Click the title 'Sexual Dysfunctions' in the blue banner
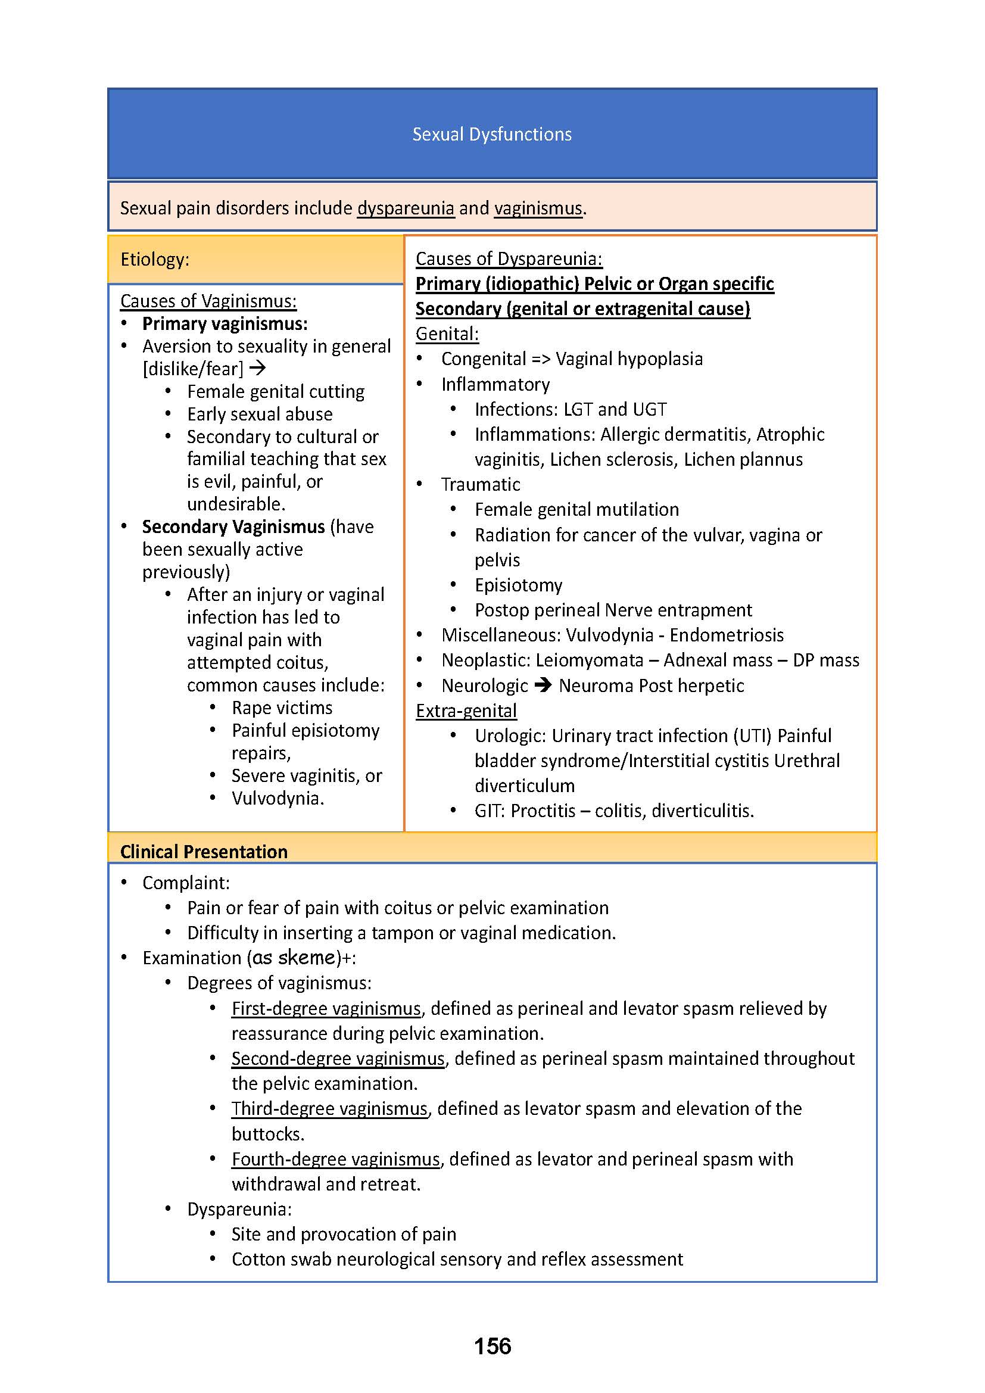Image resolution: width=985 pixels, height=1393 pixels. point(492,134)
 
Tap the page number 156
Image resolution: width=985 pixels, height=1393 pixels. point(492,1346)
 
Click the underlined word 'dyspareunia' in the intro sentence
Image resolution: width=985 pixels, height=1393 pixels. point(405,208)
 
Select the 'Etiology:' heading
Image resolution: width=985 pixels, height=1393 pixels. point(155,260)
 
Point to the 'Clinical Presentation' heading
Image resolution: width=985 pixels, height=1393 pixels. point(204,852)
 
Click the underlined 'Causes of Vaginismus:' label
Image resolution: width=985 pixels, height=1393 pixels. point(208,301)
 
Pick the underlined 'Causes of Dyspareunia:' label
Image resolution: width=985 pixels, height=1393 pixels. point(509,259)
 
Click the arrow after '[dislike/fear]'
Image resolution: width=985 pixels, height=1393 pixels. point(258,367)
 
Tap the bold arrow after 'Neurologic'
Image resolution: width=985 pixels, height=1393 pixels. point(544,685)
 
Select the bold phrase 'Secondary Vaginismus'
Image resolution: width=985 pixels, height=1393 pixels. point(233,526)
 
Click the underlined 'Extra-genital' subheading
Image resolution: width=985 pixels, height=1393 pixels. point(466,710)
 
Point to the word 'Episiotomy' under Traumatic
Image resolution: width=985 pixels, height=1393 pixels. point(519,585)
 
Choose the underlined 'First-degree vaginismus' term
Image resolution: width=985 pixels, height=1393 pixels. point(326,1008)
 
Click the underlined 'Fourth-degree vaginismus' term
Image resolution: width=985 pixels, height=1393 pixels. point(335,1159)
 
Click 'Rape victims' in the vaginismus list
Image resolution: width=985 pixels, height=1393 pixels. point(282,708)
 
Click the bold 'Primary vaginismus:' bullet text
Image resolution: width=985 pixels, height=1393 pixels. point(225,324)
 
